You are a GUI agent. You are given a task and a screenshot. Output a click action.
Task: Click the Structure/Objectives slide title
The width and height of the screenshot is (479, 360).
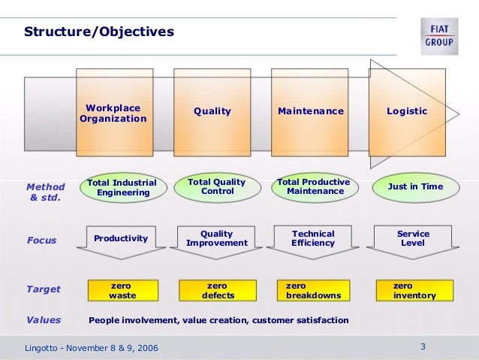[x=99, y=32]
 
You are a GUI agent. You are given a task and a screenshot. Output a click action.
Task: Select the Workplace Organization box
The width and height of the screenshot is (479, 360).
[x=114, y=113]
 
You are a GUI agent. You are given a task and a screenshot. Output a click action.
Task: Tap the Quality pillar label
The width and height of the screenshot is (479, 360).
[x=212, y=111]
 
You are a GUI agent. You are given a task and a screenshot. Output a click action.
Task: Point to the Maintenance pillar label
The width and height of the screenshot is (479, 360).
[x=311, y=111]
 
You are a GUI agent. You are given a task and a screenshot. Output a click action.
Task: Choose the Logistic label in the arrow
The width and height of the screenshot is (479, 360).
[x=407, y=111]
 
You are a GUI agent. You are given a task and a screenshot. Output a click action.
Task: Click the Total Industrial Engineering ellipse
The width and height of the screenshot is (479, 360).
[x=122, y=187]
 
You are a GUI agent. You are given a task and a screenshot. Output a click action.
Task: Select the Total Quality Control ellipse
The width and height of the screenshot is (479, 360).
[x=217, y=186]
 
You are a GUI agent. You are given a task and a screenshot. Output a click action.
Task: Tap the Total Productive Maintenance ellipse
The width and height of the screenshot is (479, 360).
[x=314, y=186]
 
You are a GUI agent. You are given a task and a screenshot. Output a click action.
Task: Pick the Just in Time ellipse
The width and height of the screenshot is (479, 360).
[x=415, y=186]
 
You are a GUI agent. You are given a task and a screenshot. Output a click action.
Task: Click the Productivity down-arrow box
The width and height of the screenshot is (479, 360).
[x=122, y=238]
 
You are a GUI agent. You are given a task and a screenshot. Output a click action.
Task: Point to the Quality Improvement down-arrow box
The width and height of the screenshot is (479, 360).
[x=216, y=239]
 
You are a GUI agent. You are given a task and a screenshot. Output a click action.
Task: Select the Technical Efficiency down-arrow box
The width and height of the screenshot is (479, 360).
[x=313, y=239]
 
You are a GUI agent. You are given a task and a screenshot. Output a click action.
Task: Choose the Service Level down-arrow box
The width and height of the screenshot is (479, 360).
[x=412, y=239]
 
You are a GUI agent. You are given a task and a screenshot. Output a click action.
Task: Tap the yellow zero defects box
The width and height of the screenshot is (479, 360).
[x=218, y=290]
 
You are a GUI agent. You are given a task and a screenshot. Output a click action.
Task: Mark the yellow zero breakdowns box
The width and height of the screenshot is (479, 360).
[x=314, y=290]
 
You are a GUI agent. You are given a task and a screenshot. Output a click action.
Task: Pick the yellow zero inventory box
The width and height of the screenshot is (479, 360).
[x=414, y=290]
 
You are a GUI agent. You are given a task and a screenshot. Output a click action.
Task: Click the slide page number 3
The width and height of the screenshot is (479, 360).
[x=423, y=346]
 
